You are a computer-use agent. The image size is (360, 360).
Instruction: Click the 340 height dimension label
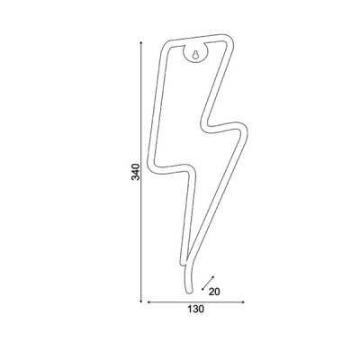point(136,172)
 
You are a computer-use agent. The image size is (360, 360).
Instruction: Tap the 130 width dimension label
point(196,309)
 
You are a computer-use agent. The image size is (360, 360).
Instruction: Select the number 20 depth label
point(214,292)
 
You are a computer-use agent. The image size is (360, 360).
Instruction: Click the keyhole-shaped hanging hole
point(195,55)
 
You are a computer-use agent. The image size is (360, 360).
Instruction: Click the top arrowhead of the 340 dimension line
point(141,43)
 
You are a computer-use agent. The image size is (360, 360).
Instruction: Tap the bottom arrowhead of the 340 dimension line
point(141,301)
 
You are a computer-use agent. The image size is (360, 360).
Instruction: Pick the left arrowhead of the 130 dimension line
point(148,302)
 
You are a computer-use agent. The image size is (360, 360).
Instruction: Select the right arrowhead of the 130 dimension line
point(243,302)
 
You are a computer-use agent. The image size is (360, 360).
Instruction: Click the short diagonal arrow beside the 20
point(208,283)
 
